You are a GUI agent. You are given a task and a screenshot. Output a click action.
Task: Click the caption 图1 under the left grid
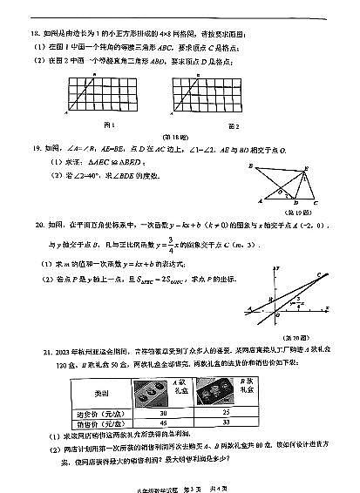109,125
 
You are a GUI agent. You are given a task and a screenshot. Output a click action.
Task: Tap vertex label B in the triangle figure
250,165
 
